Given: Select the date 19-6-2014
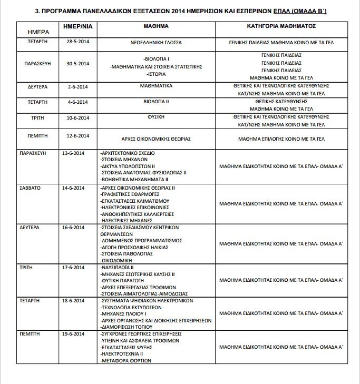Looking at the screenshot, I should click(x=77, y=334).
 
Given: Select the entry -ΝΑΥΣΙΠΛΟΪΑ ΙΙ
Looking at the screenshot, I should click(x=116, y=268).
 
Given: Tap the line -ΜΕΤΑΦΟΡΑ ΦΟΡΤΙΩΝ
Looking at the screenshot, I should click(x=125, y=361).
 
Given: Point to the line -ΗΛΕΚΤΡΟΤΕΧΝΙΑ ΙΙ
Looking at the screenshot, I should click(x=122, y=355).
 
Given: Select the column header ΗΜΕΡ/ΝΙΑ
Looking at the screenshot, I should click(x=77, y=25).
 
